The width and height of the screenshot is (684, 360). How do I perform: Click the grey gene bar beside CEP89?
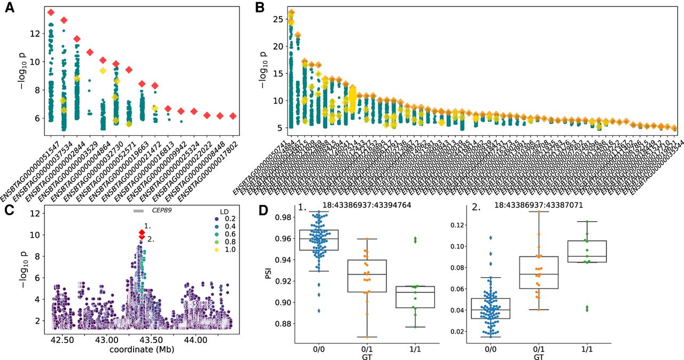click(x=139, y=211)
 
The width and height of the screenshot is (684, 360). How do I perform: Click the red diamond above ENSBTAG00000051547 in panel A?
click(x=51, y=12)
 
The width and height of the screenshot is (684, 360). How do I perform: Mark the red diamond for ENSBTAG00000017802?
click(x=232, y=116)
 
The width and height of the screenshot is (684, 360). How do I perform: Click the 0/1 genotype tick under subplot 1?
click(x=368, y=348)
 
